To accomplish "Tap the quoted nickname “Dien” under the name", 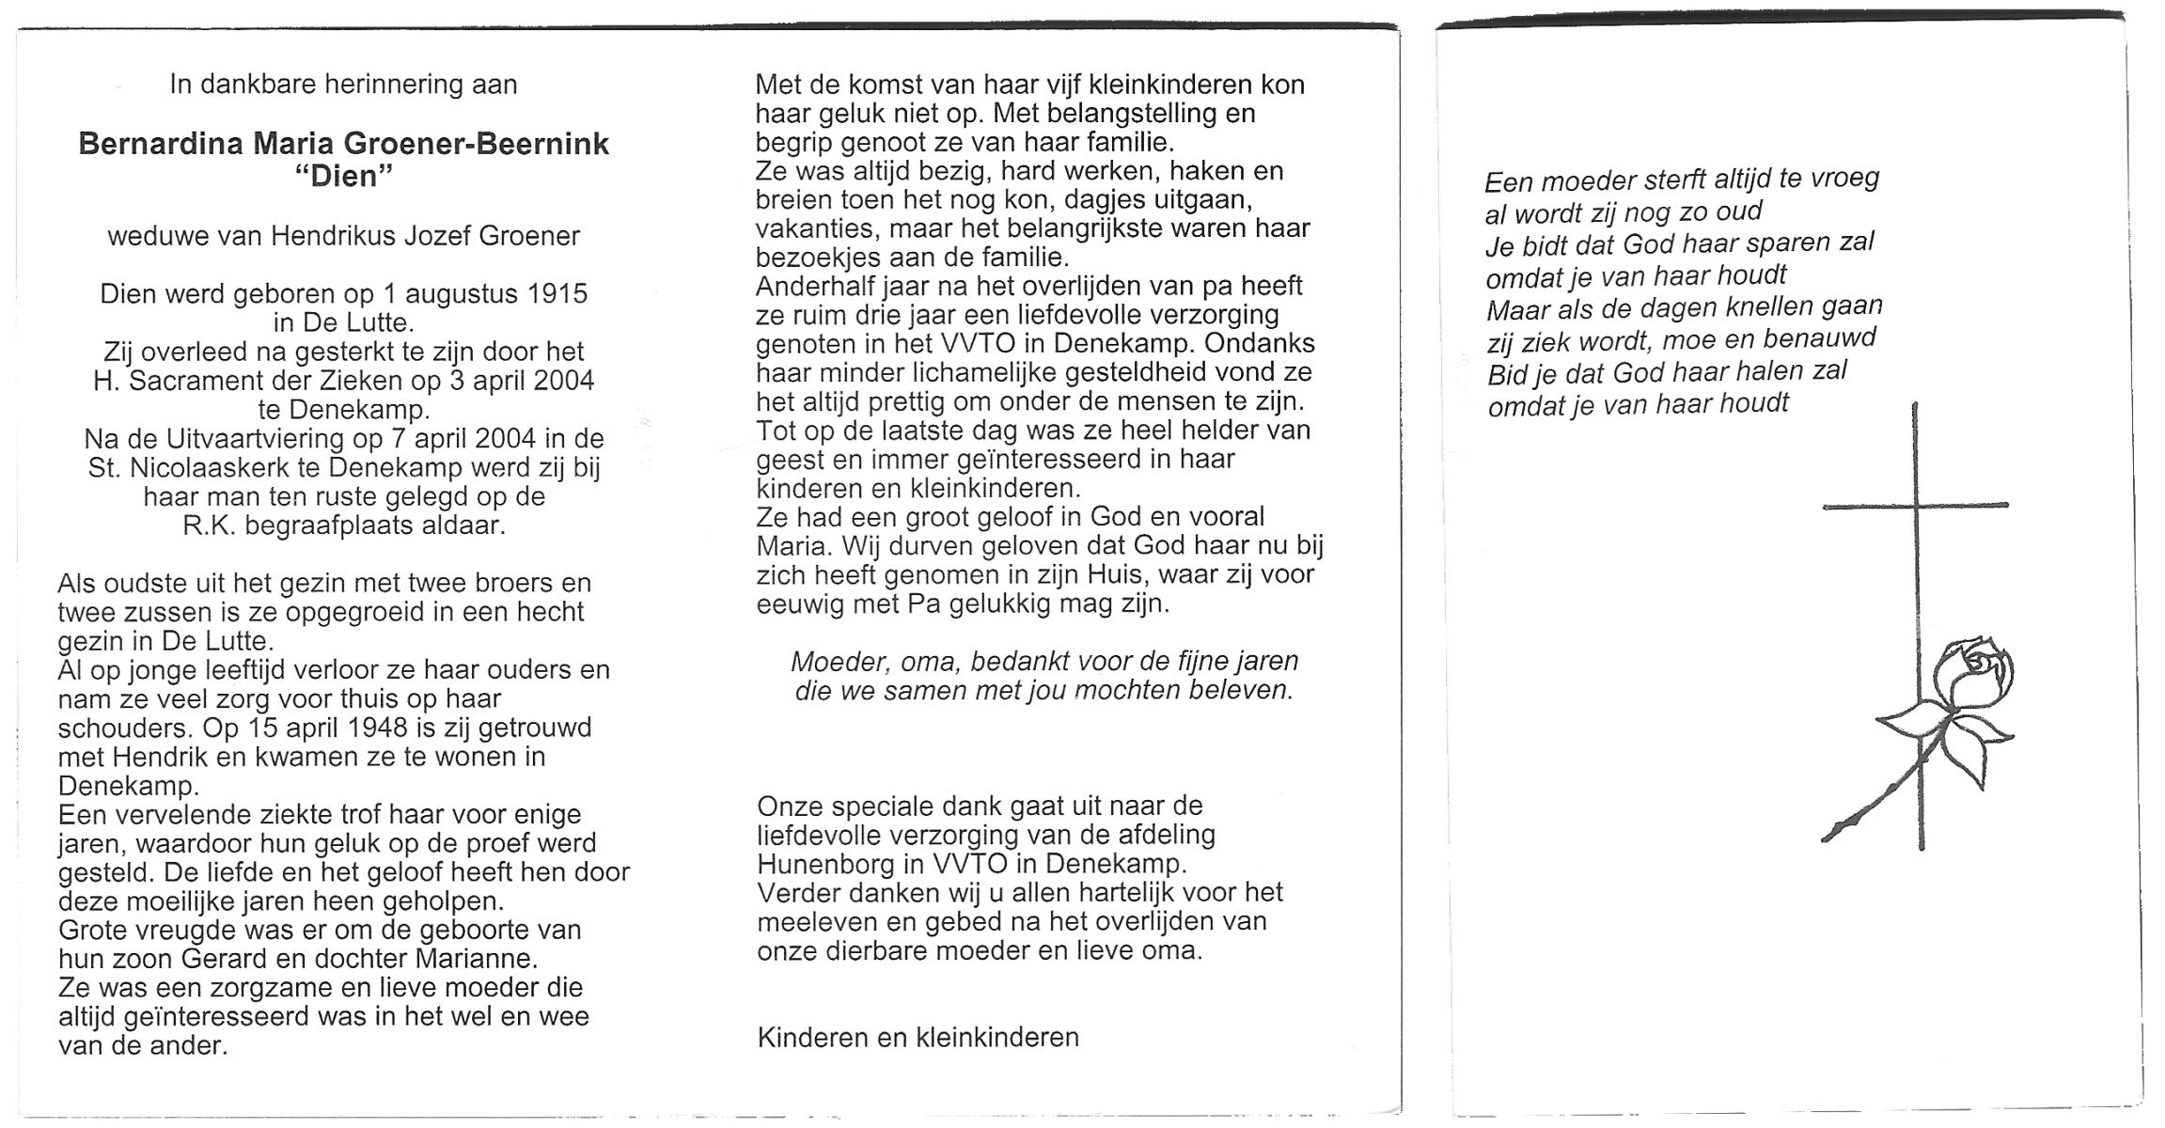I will (343, 176).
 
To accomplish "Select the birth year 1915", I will (557, 294).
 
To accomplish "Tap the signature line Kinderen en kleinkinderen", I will (918, 1038).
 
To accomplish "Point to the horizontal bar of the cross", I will (1914, 506).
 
